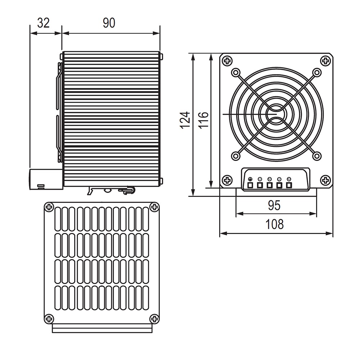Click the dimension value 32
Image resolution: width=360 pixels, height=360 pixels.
coord(44,23)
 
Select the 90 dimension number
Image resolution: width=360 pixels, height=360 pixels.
coord(109,23)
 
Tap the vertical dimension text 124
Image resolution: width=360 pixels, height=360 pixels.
coord(185,120)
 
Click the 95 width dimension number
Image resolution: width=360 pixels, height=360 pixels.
coord(274,206)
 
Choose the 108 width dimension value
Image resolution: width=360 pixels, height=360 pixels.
coord(274,225)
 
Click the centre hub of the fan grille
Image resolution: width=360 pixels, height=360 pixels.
coord(276,114)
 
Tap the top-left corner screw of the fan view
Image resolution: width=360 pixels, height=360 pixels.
coord(227,61)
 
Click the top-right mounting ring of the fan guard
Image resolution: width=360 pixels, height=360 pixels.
coord(317,73)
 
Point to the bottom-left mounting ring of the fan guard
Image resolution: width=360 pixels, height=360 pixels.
coord(235,156)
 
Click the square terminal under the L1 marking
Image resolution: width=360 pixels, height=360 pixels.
coord(260,185)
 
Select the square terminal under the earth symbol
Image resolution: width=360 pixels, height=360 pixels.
coord(250,185)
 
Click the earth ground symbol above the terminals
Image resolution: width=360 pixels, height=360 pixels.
coord(250,179)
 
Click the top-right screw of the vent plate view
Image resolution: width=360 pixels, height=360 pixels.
coord(154,207)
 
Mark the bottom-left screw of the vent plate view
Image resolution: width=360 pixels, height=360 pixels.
coord(49,318)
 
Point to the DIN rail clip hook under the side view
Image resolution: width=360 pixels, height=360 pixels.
coord(128,190)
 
